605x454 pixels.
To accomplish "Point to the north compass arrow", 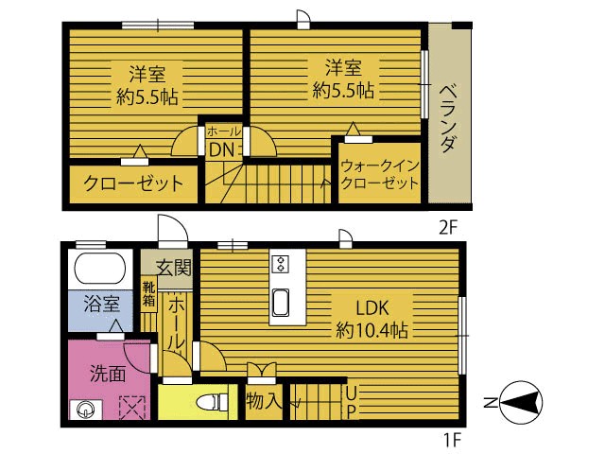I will pyautogui.click(x=518, y=404).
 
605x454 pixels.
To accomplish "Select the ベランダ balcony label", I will pyautogui.click(x=449, y=118).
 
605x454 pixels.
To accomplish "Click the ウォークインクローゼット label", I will pyautogui.click(x=379, y=173).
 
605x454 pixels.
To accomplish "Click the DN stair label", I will pyautogui.click(x=222, y=149).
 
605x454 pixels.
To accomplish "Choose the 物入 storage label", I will pyautogui.click(x=265, y=401).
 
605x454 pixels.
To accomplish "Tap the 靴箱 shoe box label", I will pyautogui.click(x=149, y=294).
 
